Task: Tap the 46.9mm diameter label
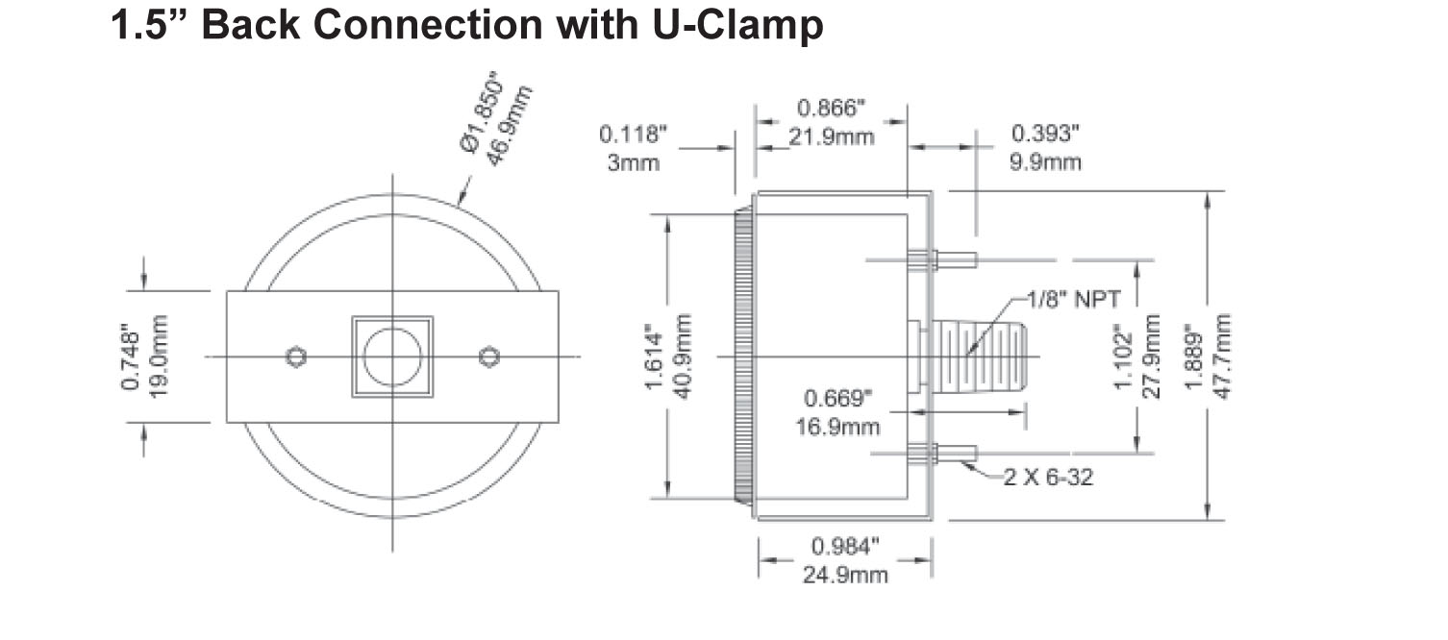click(508, 126)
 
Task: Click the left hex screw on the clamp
click(296, 357)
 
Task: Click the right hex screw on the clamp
click(489, 357)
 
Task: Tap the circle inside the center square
click(392, 357)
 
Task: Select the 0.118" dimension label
click(633, 135)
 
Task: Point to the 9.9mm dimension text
click(1045, 161)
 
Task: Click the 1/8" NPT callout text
click(1071, 299)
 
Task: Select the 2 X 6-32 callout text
click(1047, 477)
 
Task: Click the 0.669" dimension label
click(839, 397)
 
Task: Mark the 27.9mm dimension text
click(1154, 357)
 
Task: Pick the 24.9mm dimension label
click(845, 575)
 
